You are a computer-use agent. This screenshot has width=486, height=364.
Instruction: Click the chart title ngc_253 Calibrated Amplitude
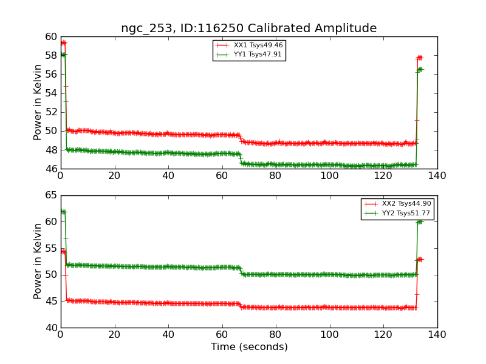[x=248, y=28]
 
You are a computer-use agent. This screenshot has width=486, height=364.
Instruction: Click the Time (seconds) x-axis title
[x=249, y=347]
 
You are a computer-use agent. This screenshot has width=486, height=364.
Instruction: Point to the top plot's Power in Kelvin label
[x=38, y=102]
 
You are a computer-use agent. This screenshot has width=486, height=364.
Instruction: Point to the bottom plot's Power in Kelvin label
[x=38, y=261]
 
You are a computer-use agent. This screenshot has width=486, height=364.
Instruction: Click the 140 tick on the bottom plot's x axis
[x=437, y=334]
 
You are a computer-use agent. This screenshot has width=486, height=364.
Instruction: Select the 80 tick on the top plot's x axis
[x=276, y=175]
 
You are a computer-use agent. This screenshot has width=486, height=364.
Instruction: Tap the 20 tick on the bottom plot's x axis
[x=114, y=334]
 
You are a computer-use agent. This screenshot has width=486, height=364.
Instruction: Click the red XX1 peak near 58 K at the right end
[x=419, y=58]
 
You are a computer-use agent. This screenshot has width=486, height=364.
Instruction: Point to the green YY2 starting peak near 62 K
[x=63, y=212]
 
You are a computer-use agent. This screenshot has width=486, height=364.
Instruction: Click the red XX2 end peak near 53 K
[x=419, y=259]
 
